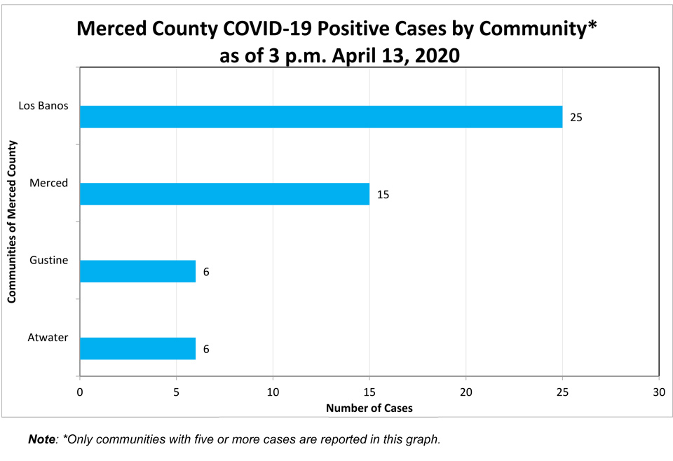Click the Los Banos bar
click(321, 116)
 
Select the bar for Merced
click(224, 194)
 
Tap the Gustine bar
click(138, 271)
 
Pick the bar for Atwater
click(138, 348)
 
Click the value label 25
click(576, 118)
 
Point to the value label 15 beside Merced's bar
click(383, 195)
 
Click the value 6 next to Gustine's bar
click(206, 272)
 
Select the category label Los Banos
click(43, 106)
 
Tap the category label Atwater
click(48, 338)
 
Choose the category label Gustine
click(48, 260)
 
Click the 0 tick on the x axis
click(80, 392)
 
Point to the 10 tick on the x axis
click(273, 392)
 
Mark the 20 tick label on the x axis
click(466, 392)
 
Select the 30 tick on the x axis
click(659, 392)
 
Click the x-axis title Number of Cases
click(369, 408)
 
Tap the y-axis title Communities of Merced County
click(12, 221)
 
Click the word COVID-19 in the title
click(267, 28)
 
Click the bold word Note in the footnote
click(41, 439)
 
